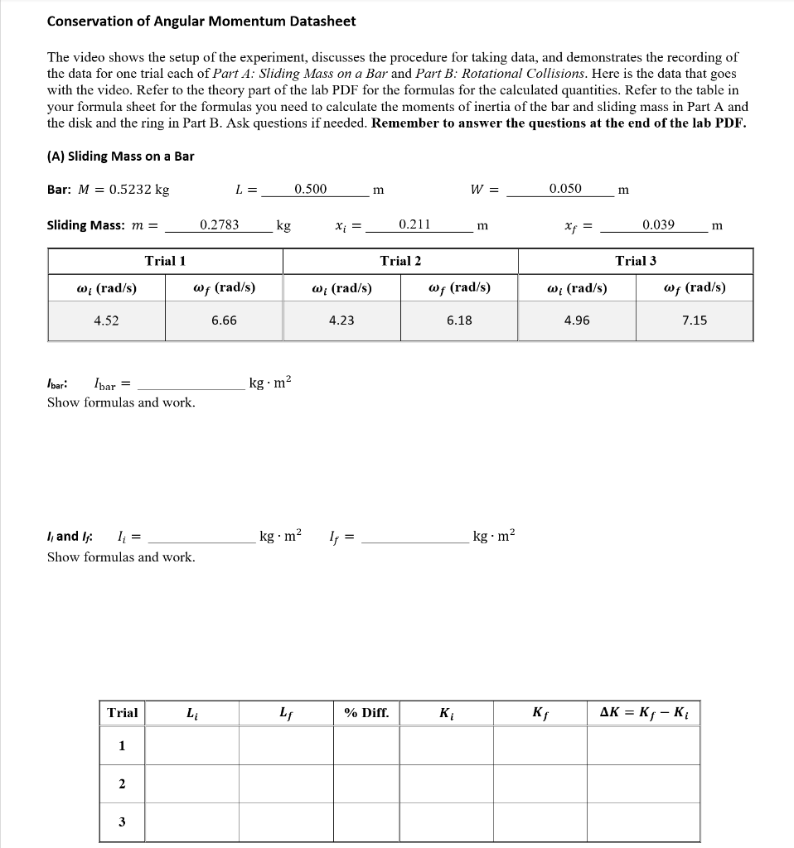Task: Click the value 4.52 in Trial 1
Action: (x=106, y=320)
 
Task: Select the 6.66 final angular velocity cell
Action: (x=224, y=320)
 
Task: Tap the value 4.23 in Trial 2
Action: (x=341, y=320)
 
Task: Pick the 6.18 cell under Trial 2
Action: (x=459, y=320)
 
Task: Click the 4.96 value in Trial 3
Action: (x=577, y=320)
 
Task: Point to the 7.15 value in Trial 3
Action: (x=695, y=320)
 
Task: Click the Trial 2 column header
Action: (x=400, y=261)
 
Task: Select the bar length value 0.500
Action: (x=311, y=189)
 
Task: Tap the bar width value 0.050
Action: (x=565, y=189)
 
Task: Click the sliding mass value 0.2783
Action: (x=220, y=224)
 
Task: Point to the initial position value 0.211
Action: (x=414, y=224)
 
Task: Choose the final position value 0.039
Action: (x=659, y=224)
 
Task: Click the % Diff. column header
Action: (x=366, y=712)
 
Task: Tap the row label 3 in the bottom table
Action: (x=122, y=822)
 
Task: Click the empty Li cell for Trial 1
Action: (x=192, y=746)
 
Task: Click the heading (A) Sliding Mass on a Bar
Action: (x=120, y=156)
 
